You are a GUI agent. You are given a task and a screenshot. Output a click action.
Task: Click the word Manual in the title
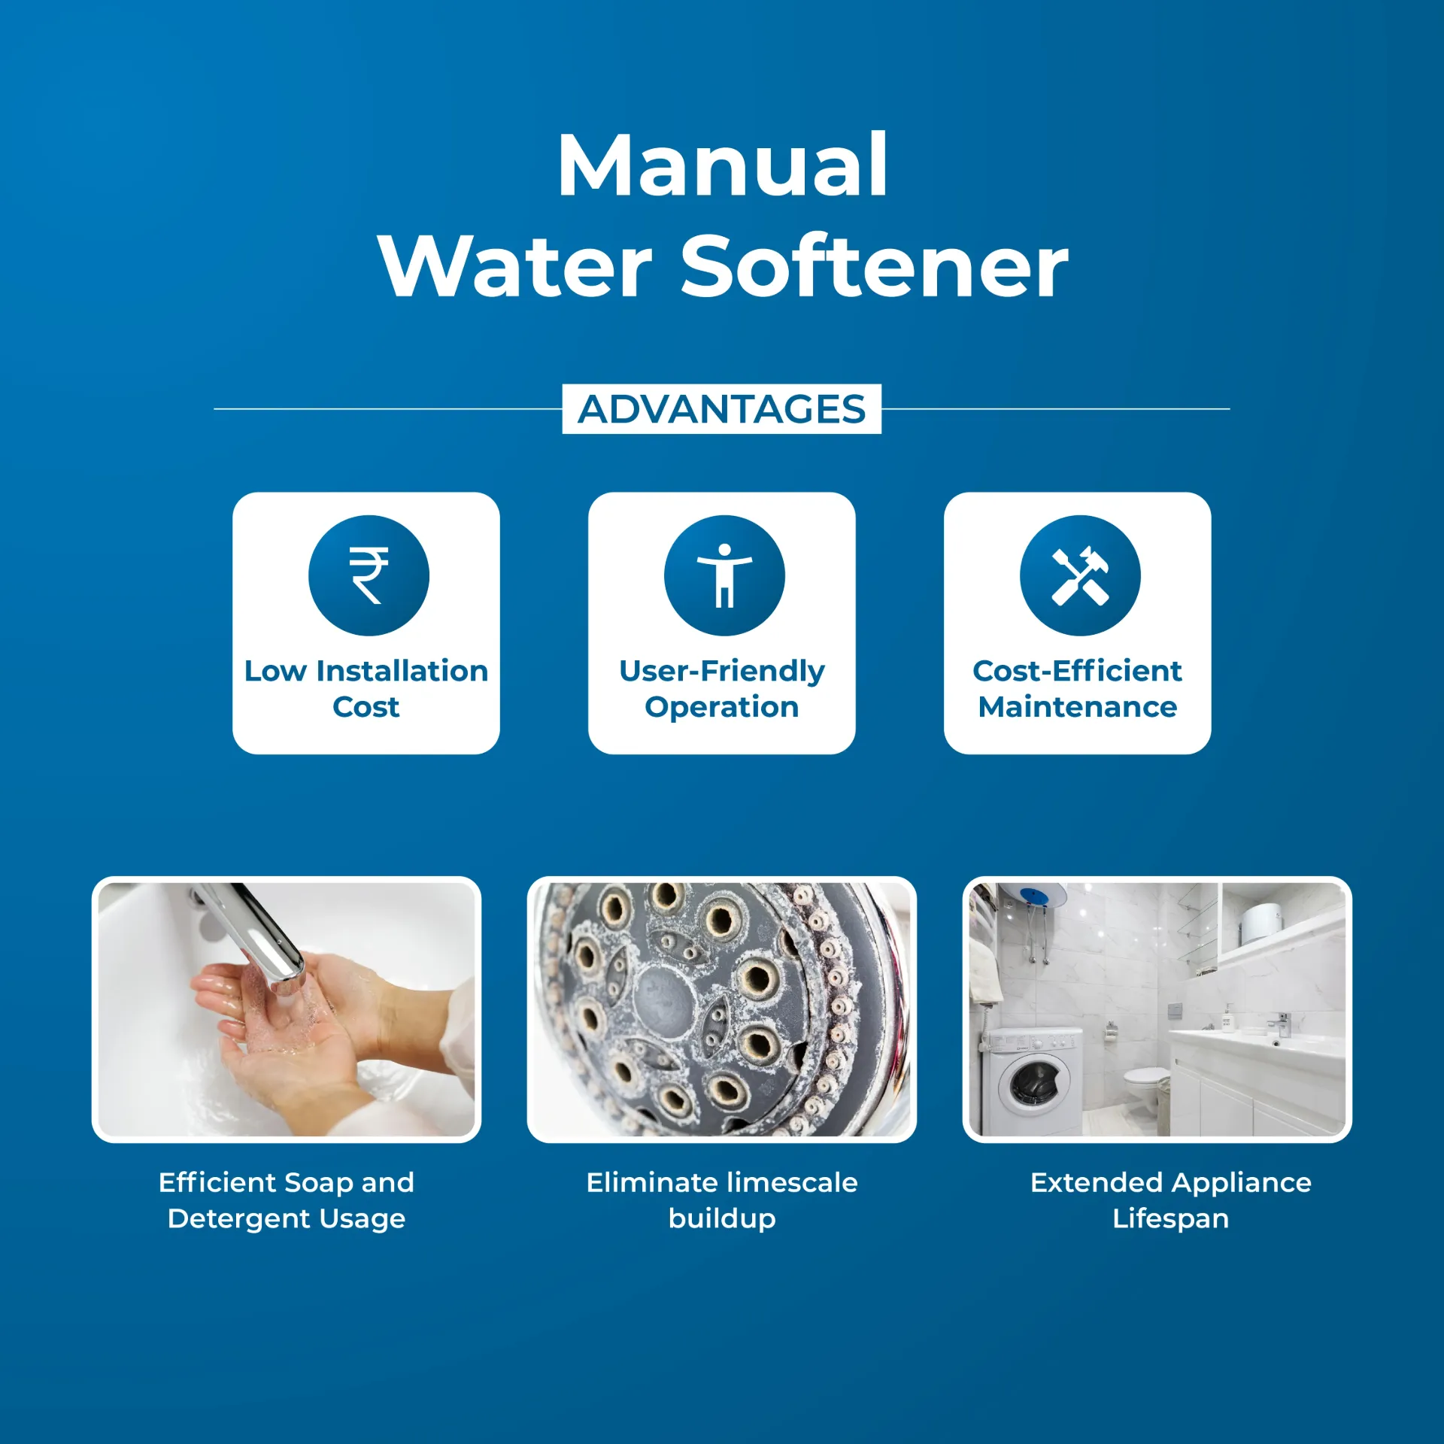[722, 166]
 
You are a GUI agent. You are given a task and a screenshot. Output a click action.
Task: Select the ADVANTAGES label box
[721, 409]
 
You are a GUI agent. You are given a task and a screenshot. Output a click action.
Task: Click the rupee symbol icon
[369, 575]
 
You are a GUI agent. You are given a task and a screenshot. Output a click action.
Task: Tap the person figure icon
[724, 575]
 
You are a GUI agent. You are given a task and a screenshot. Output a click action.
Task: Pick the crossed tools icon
[1080, 575]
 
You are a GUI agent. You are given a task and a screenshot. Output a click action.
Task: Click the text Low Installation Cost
[366, 688]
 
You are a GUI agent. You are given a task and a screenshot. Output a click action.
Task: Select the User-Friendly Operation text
[722, 688]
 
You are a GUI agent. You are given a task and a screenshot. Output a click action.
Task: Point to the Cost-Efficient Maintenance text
[1077, 688]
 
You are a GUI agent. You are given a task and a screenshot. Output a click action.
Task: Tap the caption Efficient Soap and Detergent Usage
[287, 1200]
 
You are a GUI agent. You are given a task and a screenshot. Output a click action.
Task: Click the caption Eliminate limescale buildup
[722, 1200]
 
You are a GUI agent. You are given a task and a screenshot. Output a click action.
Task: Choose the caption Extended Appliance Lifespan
[1170, 1200]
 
